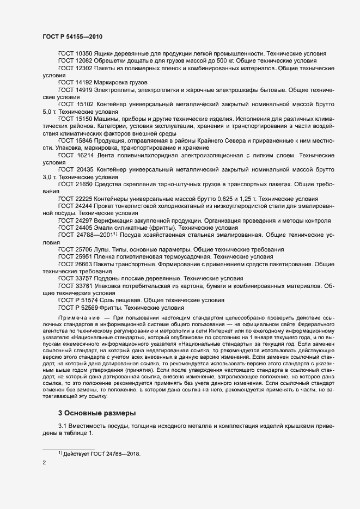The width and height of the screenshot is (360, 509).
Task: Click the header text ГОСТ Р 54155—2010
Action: point(72,36)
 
